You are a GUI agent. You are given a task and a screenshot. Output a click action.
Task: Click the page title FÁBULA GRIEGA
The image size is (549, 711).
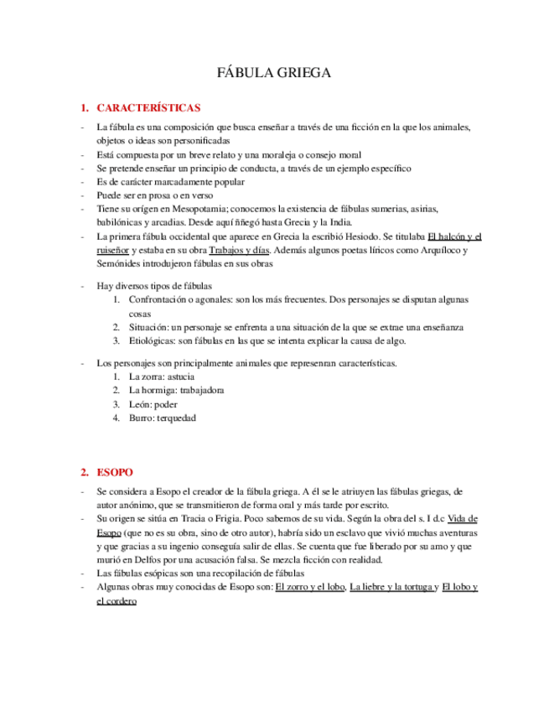274,73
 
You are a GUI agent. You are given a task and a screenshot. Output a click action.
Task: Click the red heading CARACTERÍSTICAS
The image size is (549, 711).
148,108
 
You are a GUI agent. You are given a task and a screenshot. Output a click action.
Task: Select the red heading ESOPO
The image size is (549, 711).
114,472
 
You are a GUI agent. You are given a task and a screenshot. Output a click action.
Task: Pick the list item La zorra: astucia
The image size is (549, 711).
162,377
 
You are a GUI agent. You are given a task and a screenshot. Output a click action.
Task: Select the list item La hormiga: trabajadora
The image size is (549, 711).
176,391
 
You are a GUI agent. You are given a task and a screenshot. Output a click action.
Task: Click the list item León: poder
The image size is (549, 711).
153,404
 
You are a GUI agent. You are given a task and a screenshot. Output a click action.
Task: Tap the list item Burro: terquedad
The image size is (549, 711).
162,418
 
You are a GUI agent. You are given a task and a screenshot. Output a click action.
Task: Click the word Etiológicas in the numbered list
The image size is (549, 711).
153,340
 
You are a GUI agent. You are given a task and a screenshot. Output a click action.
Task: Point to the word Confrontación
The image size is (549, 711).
160,299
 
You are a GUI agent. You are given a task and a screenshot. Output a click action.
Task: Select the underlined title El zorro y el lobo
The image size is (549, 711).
310,587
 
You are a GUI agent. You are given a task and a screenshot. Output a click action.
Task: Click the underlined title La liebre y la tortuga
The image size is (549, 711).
392,587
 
